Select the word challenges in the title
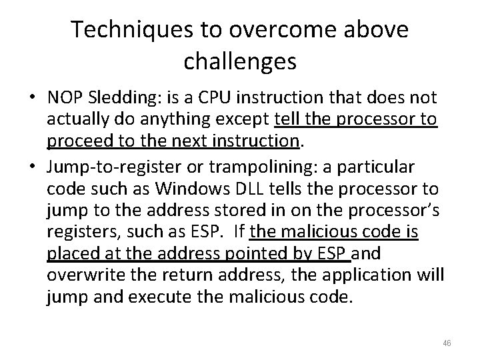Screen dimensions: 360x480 [239, 62]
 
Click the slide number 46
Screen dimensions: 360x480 [446, 343]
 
